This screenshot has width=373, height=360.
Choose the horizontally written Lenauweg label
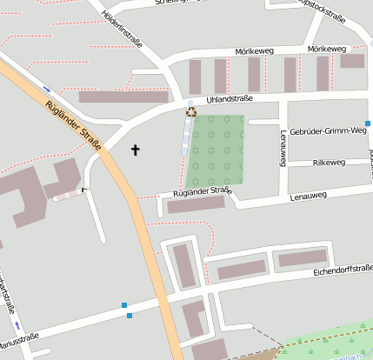(x=309, y=196)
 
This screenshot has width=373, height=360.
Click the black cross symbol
(x=135, y=150)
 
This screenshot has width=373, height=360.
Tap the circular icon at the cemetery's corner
(x=191, y=110)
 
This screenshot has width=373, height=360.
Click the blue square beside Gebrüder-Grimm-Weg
(x=368, y=124)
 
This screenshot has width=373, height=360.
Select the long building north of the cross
(x=123, y=97)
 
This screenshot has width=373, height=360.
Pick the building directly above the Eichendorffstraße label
(x=302, y=258)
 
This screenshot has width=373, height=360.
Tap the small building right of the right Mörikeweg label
(x=352, y=61)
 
